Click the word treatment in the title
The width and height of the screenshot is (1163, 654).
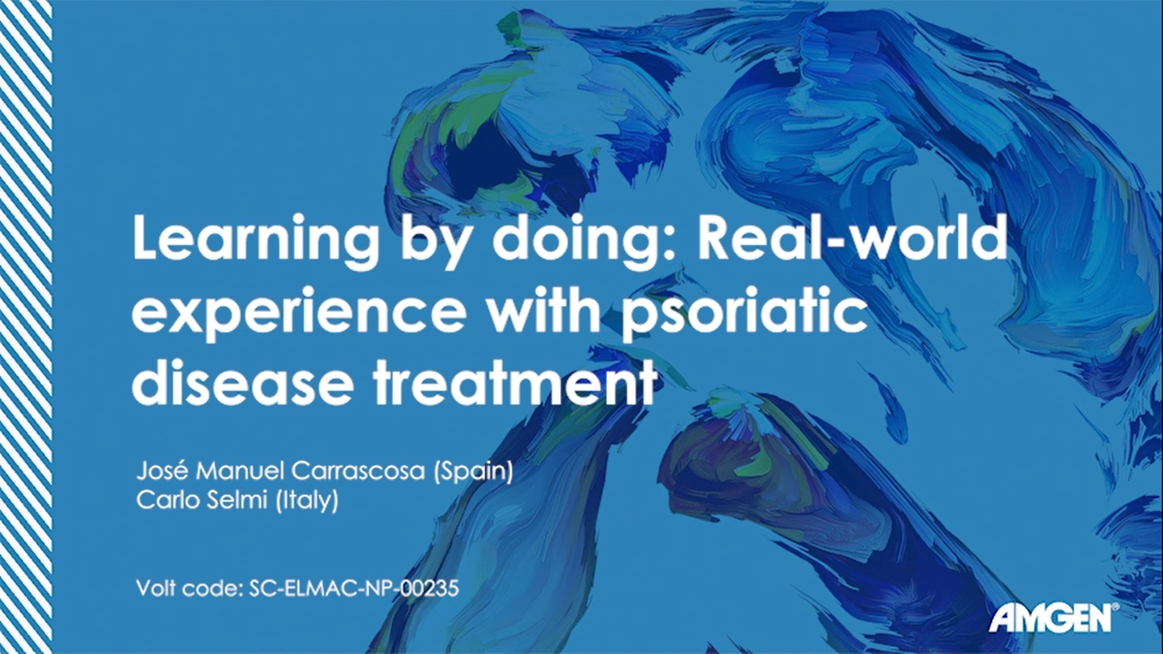(515, 383)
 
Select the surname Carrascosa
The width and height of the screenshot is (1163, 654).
(358, 471)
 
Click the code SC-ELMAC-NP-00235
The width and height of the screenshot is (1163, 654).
(354, 588)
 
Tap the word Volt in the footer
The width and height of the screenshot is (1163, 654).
(156, 588)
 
